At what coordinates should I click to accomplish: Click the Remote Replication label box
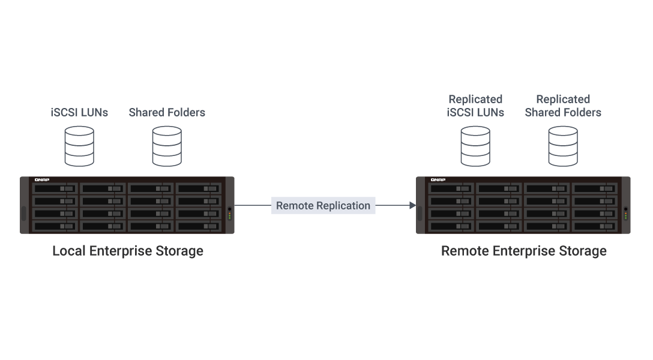click(x=323, y=206)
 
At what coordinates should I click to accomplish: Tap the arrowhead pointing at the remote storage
click(x=412, y=206)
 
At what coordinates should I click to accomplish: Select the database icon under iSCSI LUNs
click(x=79, y=146)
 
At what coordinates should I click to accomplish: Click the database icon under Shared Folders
click(x=167, y=146)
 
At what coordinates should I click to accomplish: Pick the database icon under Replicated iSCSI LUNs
click(x=475, y=146)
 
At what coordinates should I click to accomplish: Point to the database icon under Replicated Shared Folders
click(x=563, y=146)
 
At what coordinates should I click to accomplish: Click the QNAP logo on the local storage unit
click(x=41, y=180)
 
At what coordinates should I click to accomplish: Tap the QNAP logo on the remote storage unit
click(x=438, y=180)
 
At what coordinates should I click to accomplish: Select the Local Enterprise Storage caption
click(x=128, y=251)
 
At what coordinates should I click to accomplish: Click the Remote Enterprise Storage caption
click(x=524, y=251)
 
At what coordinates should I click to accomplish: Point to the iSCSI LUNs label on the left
click(x=79, y=112)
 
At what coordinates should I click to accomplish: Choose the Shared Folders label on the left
click(x=167, y=112)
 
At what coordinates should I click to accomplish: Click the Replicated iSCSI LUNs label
click(x=475, y=106)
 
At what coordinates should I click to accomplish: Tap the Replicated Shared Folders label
click(x=563, y=106)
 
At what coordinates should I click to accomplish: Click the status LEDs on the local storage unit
click(x=229, y=214)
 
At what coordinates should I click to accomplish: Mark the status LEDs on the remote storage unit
click(x=625, y=214)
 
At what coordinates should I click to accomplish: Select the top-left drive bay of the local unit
click(x=55, y=188)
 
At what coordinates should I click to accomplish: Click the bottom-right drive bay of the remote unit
click(x=595, y=226)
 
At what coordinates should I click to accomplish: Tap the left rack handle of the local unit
click(x=23, y=213)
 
